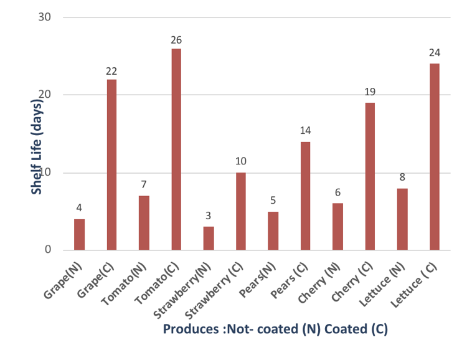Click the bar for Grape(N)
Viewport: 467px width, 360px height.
point(79,235)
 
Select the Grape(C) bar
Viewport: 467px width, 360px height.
point(111,165)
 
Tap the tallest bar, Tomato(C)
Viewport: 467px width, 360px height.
point(176,149)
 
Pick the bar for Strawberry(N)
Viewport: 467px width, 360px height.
point(209,239)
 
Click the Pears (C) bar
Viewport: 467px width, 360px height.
point(305,196)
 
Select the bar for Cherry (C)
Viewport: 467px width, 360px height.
point(370,176)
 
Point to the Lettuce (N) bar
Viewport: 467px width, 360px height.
point(402,219)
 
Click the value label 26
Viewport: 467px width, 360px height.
point(176,40)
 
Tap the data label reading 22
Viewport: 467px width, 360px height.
point(111,71)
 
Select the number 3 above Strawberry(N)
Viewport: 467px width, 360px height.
point(209,216)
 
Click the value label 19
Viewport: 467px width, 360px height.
point(370,92)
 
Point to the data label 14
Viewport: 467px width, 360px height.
point(305,131)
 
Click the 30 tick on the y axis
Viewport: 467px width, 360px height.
point(44,17)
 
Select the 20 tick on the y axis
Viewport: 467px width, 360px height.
point(44,95)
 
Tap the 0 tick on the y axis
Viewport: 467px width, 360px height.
point(47,250)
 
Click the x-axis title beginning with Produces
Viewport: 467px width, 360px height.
point(275,329)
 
